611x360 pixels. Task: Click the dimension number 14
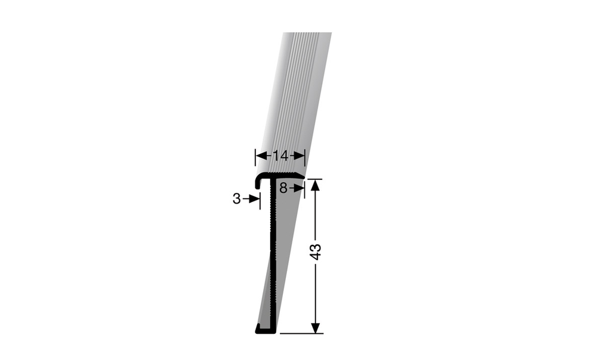[x=280, y=156]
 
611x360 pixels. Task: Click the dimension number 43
[x=316, y=251]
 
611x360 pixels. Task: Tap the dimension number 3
[x=237, y=199]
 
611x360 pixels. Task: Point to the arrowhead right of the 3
[x=255, y=199]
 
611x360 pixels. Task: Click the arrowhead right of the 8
[x=300, y=187]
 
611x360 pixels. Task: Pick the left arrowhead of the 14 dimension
[x=260, y=156]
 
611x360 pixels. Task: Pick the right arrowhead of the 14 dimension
[x=301, y=156]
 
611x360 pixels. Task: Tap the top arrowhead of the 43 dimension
[x=316, y=184]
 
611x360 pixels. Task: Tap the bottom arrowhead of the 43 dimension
[x=316, y=328]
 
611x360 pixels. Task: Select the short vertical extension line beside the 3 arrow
[x=260, y=199]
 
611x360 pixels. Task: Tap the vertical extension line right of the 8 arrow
[x=304, y=190]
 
